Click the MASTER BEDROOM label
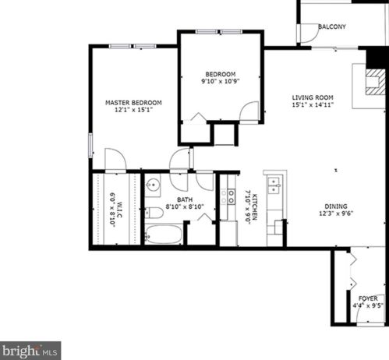pyautogui.click(x=133, y=103)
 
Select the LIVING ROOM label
pyautogui.click(x=313, y=97)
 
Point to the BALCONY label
pyautogui.click(x=332, y=26)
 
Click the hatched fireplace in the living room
pyautogui.click(x=375, y=79)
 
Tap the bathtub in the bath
pyautogui.click(x=164, y=234)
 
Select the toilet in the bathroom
pyautogui.click(x=154, y=212)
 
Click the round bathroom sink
pyautogui.click(x=153, y=185)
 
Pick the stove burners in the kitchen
pyautogui.click(x=228, y=196)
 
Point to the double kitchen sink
pyautogui.click(x=274, y=184)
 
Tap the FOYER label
pyautogui.click(x=368, y=298)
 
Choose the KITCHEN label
pyautogui.click(x=253, y=207)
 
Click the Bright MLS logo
pyautogui.click(x=30, y=351)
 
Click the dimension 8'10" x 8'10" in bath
pyautogui.click(x=185, y=207)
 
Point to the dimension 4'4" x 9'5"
pyautogui.click(x=368, y=306)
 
